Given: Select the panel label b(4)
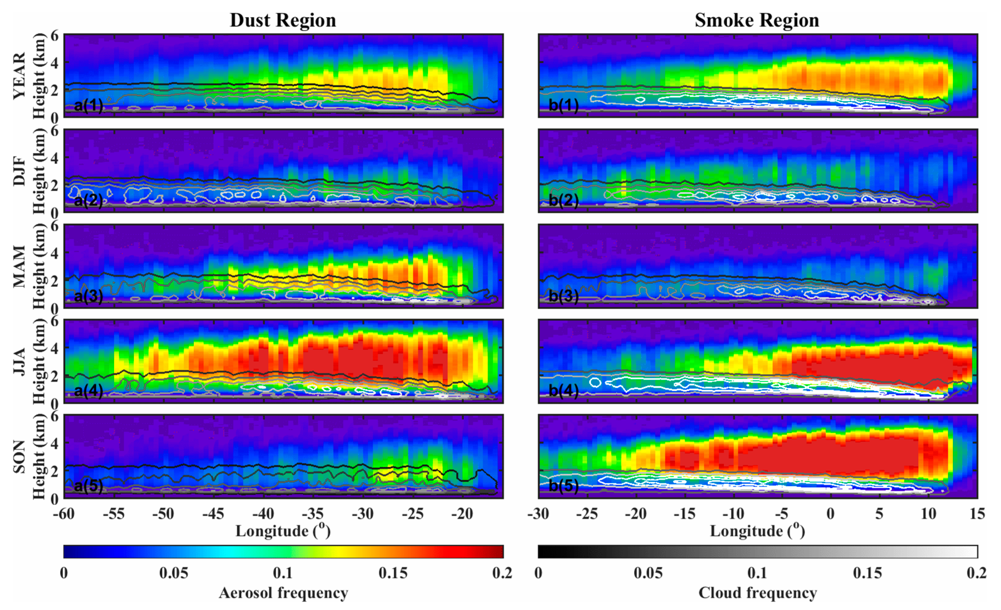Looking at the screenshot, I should coord(563,391).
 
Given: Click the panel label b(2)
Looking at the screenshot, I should coord(563,200).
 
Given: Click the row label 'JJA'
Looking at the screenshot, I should coord(19,361).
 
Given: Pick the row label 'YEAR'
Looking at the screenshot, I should coord(19,75).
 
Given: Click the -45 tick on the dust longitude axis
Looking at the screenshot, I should coord(213,514).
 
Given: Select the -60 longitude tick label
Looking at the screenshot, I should coord(64,514).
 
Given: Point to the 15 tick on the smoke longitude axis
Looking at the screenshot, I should coord(977,514).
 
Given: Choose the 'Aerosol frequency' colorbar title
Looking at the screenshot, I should coord(283,593).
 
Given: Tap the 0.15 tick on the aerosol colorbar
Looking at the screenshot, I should coord(393,573).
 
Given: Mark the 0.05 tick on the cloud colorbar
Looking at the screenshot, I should coord(648,573).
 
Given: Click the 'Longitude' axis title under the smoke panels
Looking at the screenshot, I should coord(757,531).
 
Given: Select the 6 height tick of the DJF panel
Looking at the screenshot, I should coord(55,131).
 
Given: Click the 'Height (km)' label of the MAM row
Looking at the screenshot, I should coord(39,267).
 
